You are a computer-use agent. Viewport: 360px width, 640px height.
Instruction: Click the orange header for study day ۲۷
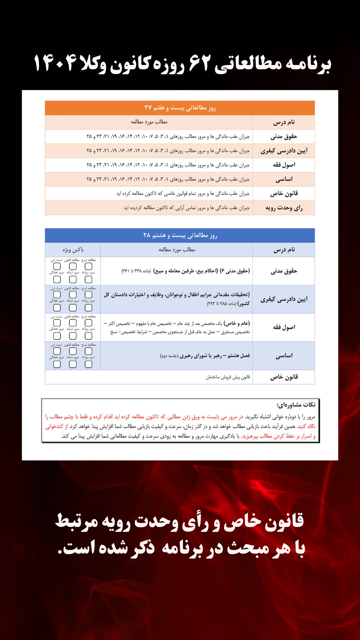pyautogui.click(x=180, y=108)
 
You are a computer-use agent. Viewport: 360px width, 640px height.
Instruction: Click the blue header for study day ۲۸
pyautogui.click(x=180, y=235)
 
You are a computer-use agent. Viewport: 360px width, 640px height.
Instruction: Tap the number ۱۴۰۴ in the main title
pyautogui.click(x=55, y=63)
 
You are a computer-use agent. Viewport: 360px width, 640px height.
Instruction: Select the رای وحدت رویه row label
pyautogui.click(x=284, y=208)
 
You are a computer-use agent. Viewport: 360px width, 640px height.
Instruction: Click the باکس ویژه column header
pyautogui.click(x=73, y=250)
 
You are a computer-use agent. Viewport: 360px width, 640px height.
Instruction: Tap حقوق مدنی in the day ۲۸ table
pyautogui.click(x=284, y=271)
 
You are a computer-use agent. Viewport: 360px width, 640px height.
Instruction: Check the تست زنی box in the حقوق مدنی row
pyautogui.click(x=57, y=266)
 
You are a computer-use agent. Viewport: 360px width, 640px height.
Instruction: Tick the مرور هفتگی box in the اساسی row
pyautogui.click(x=57, y=364)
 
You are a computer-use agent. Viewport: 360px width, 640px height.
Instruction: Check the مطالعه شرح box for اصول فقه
pyautogui.click(x=88, y=323)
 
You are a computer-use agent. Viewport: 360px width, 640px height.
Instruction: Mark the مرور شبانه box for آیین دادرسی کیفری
pyautogui.click(x=73, y=308)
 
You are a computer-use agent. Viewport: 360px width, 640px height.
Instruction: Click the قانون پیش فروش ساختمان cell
pyautogui.click(x=228, y=377)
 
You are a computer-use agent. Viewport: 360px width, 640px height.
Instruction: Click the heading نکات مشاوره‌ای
pyautogui.click(x=296, y=405)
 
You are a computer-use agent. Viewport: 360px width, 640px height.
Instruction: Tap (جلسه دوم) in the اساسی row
pyautogui.click(x=169, y=356)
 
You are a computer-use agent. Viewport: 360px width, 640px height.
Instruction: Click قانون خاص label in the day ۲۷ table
pyautogui.click(x=284, y=194)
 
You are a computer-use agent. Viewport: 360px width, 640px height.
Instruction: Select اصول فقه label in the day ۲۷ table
pyautogui.click(x=284, y=165)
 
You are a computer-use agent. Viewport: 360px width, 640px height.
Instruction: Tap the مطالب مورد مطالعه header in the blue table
pyautogui.click(x=177, y=250)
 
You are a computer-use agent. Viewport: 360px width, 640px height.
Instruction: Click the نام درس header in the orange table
pyautogui.click(x=284, y=122)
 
